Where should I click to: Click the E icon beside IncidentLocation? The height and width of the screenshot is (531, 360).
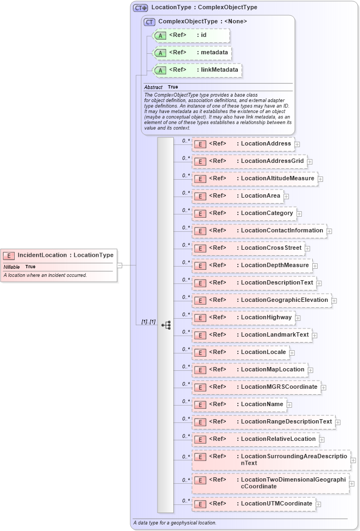[x=9, y=256]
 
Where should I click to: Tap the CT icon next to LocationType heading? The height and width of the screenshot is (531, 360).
[x=141, y=8]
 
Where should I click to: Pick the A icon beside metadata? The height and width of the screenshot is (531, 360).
[x=160, y=53]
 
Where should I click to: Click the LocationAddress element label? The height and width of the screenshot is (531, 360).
[x=266, y=144]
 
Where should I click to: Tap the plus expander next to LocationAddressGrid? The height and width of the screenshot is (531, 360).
[x=310, y=161]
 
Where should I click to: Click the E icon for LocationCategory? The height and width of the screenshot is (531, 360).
[x=200, y=214]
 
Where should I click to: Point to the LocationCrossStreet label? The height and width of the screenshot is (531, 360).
[x=270, y=248]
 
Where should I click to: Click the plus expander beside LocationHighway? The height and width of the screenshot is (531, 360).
[x=298, y=318]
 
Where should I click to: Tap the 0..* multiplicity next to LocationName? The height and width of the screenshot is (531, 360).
[x=185, y=401]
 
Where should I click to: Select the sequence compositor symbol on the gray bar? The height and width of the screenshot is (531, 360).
[x=166, y=325]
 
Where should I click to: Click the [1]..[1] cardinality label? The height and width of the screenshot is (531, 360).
[x=148, y=322]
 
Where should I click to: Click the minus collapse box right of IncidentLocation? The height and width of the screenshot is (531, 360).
[x=119, y=265]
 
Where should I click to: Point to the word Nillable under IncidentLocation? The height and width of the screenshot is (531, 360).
[x=11, y=267]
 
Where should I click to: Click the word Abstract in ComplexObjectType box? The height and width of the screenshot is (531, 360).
[x=153, y=87]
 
